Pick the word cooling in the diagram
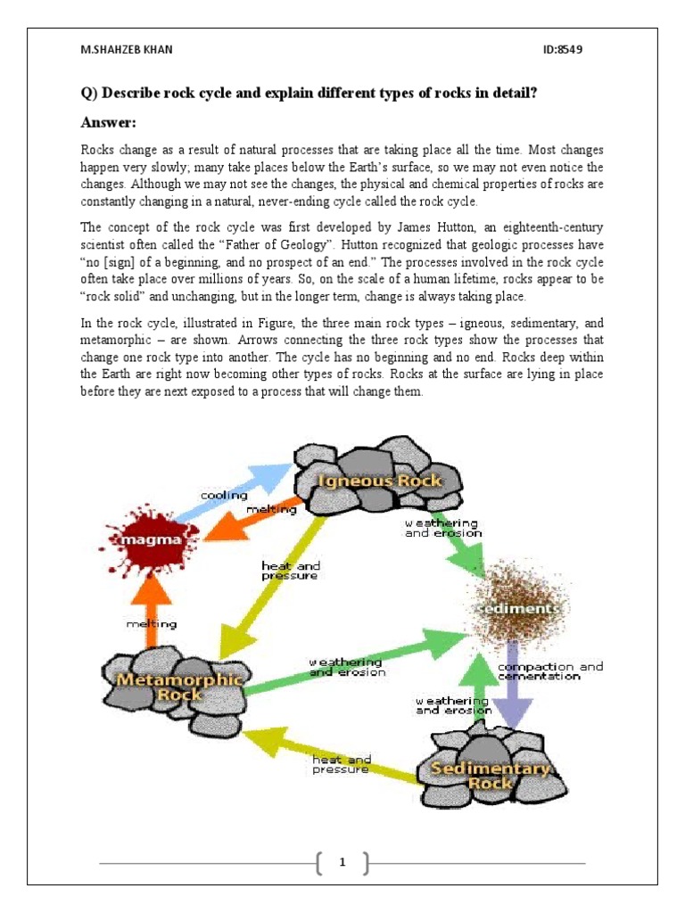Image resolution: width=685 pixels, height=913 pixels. coord(219,495)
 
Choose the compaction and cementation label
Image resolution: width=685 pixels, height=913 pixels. coord(549,671)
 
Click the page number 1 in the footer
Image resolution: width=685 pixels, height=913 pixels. coord(342,862)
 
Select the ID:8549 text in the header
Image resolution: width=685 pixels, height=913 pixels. coord(562,49)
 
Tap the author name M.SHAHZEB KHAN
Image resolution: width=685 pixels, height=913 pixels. coord(126,49)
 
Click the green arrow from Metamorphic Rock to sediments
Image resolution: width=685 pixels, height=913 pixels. coord(357,664)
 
